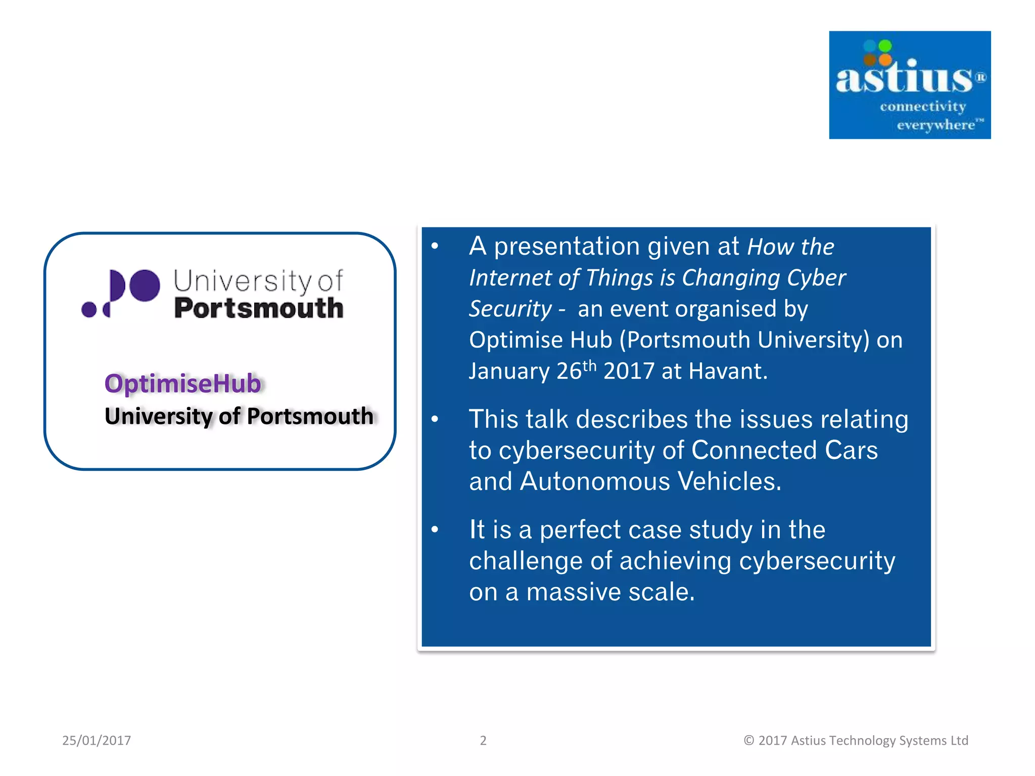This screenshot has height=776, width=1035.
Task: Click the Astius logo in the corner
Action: tap(909, 85)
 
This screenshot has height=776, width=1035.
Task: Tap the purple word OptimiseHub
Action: tap(182, 383)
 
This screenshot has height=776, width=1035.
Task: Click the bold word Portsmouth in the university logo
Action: tap(258, 308)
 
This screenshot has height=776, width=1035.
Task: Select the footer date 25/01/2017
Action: tap(97, 740)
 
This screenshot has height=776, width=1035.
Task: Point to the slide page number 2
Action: tap(483, 740)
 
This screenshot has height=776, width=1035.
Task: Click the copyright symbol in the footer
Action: tap(748, 741)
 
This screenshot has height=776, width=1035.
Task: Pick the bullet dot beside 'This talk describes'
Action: tap(435, 419)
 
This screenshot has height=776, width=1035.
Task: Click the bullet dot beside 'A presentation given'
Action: tap(435, 247)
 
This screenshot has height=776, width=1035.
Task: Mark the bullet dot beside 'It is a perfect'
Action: tap(435, 530)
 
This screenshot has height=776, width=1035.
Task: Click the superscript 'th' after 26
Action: tap(589, 365)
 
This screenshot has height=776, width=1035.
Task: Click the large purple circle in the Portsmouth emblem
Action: tap(145, 285)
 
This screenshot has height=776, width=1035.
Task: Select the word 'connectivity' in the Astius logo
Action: tap(923, 107)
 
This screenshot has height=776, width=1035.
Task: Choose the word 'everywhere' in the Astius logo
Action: tap(935, 125)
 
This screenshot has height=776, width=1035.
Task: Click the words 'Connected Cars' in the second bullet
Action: tap(784, 450)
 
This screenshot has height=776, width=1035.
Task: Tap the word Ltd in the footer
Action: tap(959, 741)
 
